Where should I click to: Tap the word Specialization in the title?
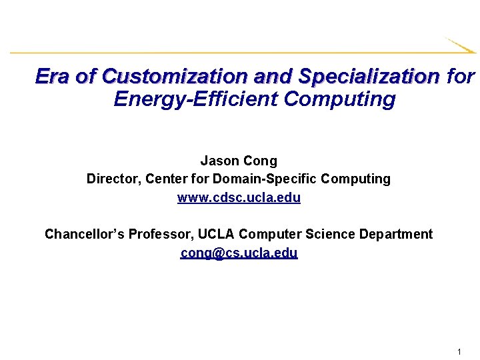(369, 77)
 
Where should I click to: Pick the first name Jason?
(219, 161)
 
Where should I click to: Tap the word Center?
(167, 179)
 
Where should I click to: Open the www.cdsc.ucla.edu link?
(239, 198)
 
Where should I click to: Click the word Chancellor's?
(84, 234)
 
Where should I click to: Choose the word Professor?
(159, 234)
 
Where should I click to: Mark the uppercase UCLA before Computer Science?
(214, 234)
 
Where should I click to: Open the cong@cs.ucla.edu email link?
(239, 253)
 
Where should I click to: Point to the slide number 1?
(460, 351)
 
